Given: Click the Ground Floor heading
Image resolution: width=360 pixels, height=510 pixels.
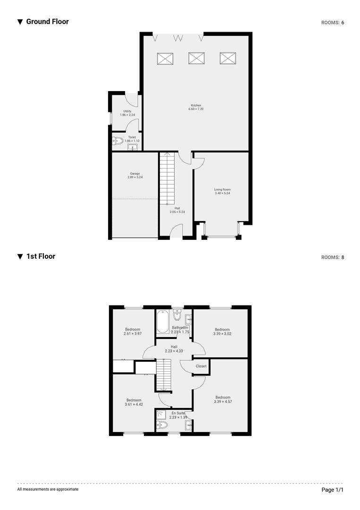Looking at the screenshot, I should tap(47, 21).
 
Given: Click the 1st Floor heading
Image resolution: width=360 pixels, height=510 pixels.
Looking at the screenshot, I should tap(41, 256).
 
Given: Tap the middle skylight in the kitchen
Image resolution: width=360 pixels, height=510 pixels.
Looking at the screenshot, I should tap(196, 58).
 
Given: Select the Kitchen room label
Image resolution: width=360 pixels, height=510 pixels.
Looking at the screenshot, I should tap(196, 105).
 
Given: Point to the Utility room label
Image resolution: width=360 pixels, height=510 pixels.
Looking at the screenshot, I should tap(127, 111).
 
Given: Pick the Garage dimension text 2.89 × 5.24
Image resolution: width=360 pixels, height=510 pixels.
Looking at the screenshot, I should tap(135, 177).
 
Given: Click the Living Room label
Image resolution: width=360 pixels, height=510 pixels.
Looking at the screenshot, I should tap(222, 189).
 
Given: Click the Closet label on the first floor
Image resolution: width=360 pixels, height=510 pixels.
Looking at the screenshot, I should tap(201, 366).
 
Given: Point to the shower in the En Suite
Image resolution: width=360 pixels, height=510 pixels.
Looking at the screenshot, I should tap(161, 415).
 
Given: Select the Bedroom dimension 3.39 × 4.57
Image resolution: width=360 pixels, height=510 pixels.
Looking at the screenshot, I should tap(223, 401).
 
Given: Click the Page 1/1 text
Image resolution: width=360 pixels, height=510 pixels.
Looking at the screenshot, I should tap(333, 490).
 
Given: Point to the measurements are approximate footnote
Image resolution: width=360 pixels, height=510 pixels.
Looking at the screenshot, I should tap(48, 489).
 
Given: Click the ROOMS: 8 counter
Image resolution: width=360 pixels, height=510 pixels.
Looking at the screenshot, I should tap(333, 257).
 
